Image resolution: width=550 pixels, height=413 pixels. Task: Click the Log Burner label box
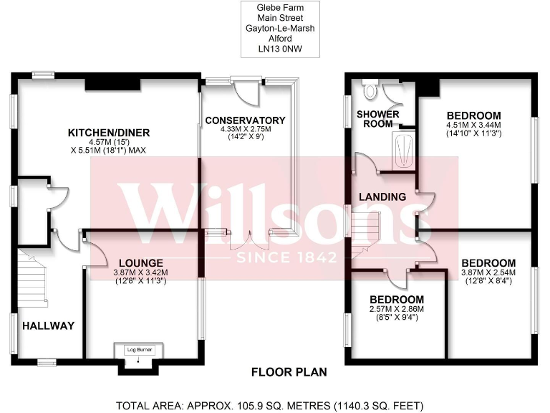(x=139, y=350)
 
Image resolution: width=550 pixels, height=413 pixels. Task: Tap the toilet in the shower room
(x=370, y=90)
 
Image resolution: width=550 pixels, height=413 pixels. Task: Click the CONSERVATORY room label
(x=245, y=120)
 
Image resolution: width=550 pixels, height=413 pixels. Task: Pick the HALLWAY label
(x=48, y=326)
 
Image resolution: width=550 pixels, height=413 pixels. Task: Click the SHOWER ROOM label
(x=374, y=119)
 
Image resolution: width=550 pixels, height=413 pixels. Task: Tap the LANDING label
(x=383, y=196)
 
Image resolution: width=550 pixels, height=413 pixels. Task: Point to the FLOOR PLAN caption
(x=289, y=372)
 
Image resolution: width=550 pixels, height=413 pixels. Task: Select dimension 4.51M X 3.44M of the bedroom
(x=473, y=125)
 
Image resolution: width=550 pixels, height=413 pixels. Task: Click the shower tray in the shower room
(x=404, y=149)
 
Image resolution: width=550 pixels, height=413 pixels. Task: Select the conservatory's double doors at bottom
(x=249, y=239)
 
